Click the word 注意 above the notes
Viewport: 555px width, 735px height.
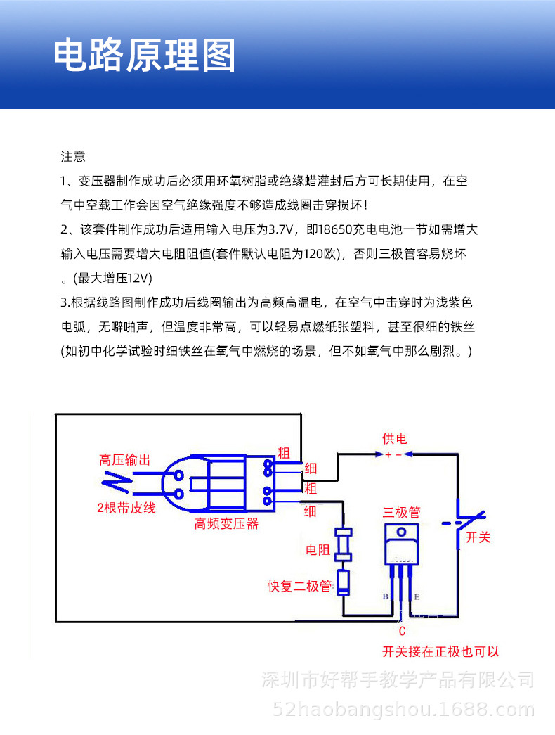[x=73, y=156]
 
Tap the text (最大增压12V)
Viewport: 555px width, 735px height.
[x=112, y=277]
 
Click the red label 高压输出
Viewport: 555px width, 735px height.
[x=125, y=461]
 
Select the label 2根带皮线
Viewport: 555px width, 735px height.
[x=126, y=507]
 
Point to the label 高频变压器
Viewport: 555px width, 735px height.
[x=226, y=524]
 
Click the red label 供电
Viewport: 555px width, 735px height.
[x=394, y=439]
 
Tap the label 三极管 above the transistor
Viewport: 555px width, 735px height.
[x=401, y=511]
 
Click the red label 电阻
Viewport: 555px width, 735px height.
[x=318, y=550]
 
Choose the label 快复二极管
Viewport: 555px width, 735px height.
[x=299, y=586]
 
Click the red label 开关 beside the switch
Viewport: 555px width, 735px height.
[x=478, y=537]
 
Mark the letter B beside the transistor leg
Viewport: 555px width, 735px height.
[x=385, y=597]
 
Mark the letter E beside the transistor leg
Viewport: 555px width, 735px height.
[x=417, y=597]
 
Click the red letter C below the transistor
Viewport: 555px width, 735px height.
[x=402, y=631]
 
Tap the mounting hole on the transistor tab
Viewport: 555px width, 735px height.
[x=401, y=532]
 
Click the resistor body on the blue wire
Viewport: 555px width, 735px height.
[x=343, y=543]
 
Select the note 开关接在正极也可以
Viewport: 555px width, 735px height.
[x=440, y=651]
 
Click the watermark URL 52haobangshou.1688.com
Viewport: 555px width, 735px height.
[x=404, y=708]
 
